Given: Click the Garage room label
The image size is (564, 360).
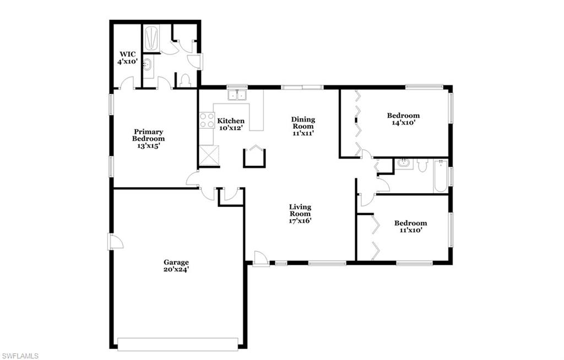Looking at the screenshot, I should click(176, 266).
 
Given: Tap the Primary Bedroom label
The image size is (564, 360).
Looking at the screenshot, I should click(148, 135).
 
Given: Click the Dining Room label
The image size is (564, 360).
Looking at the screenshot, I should click(303, 126).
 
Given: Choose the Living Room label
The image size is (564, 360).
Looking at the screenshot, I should click(300, 214).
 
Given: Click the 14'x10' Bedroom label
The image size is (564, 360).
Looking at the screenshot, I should click(403, 119).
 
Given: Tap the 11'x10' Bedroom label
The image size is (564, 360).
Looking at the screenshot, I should click(410, 227).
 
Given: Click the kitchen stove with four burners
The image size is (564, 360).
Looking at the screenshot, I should click(207, 121).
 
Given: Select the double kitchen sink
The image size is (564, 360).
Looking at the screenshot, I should click(238, 95).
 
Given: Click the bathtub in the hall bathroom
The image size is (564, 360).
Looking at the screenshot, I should click(440, 176).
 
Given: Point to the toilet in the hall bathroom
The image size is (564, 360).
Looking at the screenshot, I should click(422, 165).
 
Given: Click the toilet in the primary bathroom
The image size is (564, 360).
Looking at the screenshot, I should click(185, 80).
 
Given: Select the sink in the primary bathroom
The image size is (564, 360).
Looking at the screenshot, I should click(148, 66).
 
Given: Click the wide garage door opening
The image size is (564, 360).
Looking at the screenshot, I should click(178, 343).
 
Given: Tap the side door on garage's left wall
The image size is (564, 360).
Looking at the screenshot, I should click(113, 241).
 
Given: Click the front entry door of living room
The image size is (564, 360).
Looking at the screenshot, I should click(261, 259).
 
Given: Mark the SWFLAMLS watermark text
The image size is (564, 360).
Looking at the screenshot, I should click(20, 356).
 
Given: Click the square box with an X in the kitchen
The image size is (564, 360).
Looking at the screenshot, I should click(209, 156).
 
